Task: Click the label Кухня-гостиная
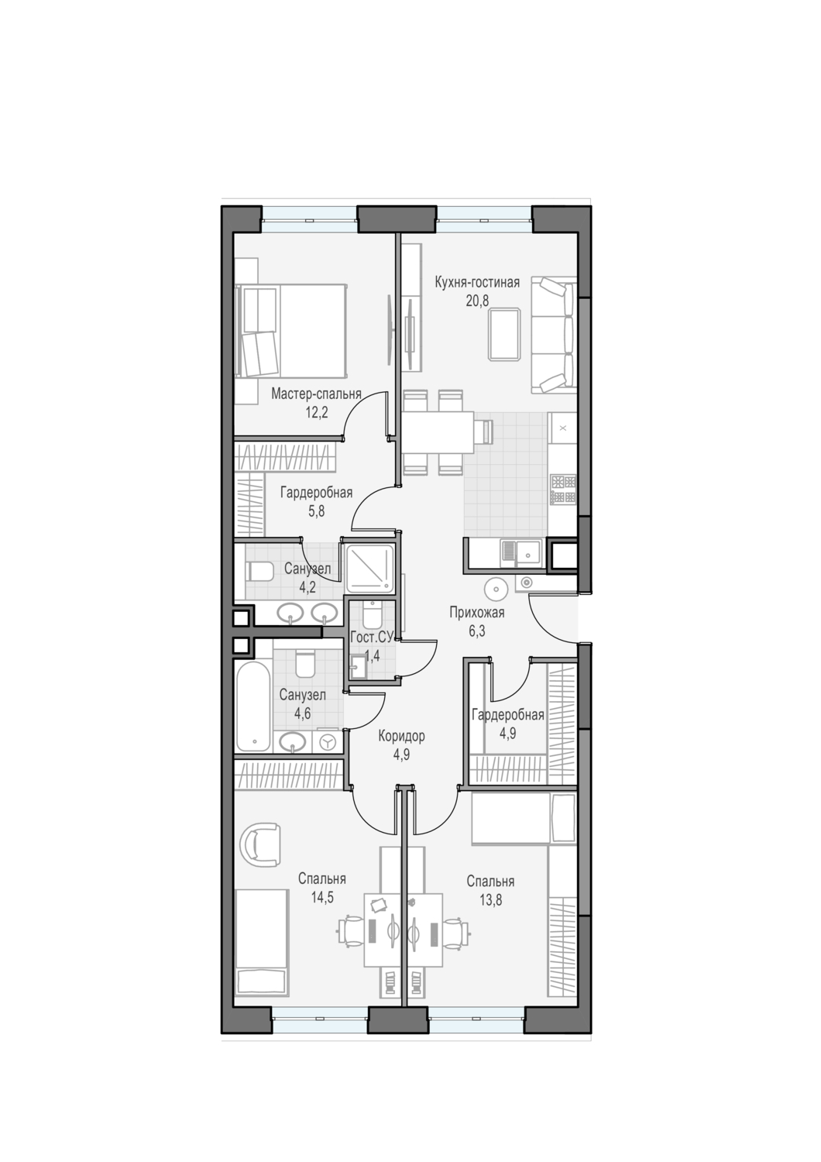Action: point(477,284)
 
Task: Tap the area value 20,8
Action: point(477,301)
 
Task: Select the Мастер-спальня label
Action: point(316,394)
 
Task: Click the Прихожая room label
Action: point(476,613)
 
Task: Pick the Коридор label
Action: point(401,736)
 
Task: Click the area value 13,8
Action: point(490,899)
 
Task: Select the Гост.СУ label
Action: point(373,638)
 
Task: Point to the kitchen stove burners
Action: point(563,490)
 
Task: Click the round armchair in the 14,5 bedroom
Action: point(259,846)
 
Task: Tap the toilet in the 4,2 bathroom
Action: point(259,572)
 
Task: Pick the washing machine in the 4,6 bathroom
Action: point(327,743)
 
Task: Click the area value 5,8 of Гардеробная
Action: point(316,511)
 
